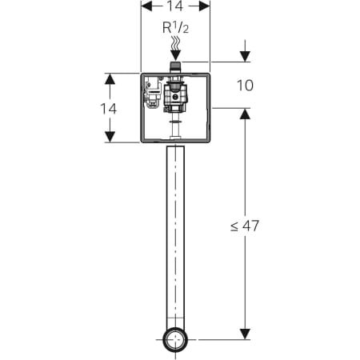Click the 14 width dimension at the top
click(x=175, y=6)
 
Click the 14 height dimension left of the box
click(x=109, y=109)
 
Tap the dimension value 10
click(x=245, y=86)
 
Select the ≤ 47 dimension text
click(x=245, y=226)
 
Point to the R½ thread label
click(x=175, y=27)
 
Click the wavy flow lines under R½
click(x=175, y=43)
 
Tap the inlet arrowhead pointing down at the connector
click(x=175, y=55)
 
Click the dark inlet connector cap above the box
click(x=175, y=66)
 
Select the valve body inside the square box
click(x=175, y=97)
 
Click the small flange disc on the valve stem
click(x=175, y=122)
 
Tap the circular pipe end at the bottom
click(x=175, y=340)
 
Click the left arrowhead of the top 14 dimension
click(x=146, y=6)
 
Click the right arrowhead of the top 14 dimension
click(x=205, y=6)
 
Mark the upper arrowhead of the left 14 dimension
click(x=110, y=78)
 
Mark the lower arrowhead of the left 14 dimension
click(x=110, y=137)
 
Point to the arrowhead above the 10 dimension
click(x=245, y=56)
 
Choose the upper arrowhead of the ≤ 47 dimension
click(x=245, y=114)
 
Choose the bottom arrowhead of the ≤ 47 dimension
click(x=245, y=334)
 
